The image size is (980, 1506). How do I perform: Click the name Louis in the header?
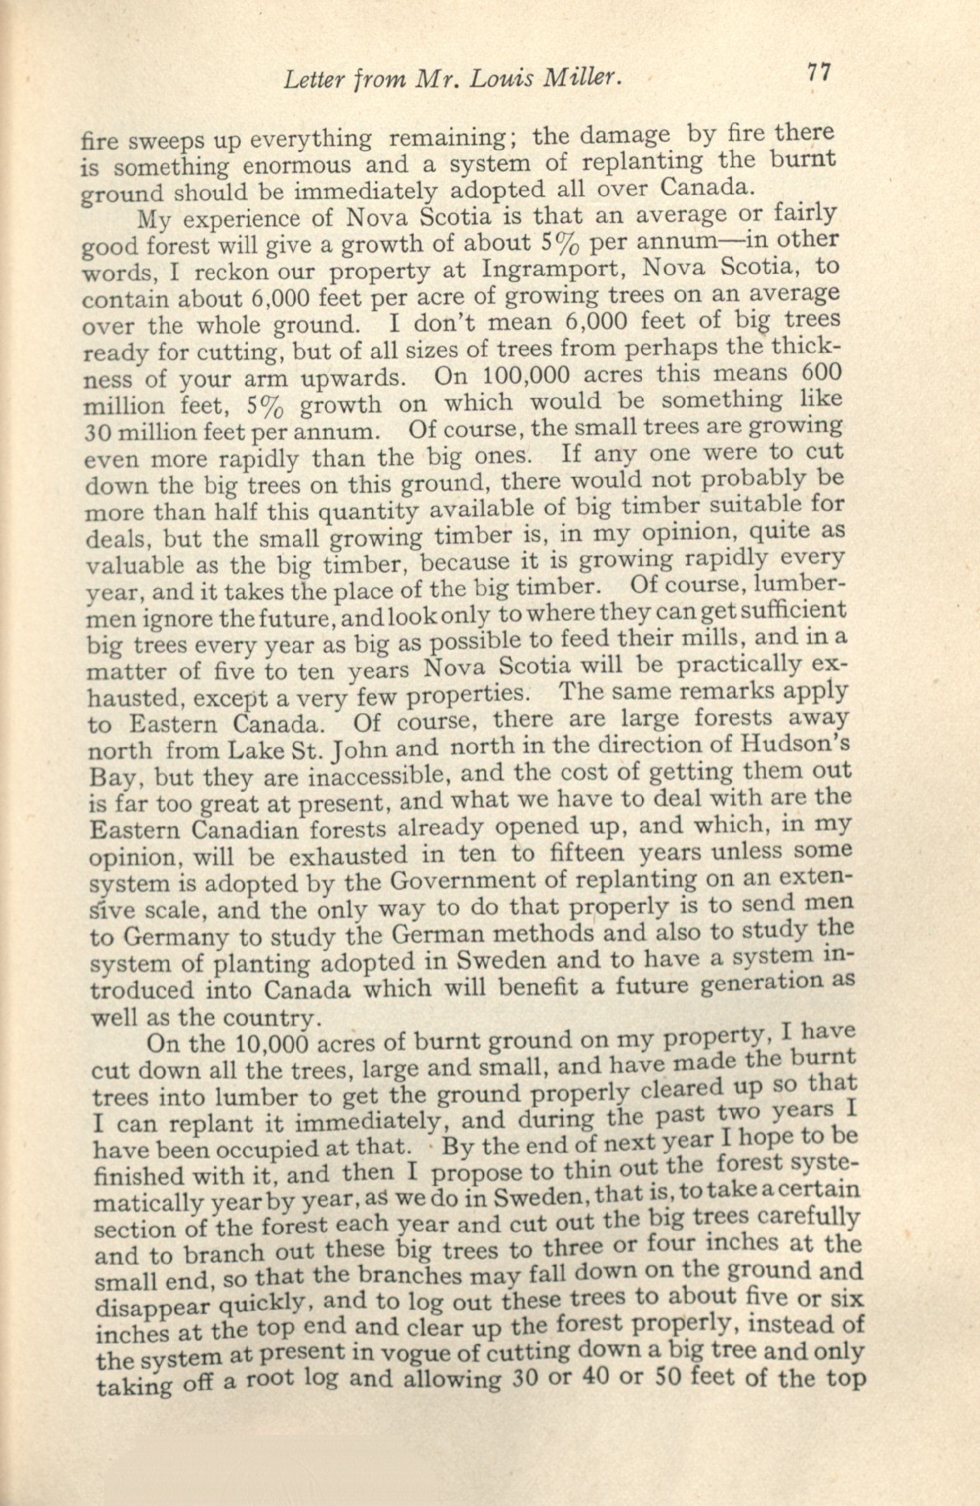coord(500,78)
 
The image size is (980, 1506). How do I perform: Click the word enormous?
coord(297,166)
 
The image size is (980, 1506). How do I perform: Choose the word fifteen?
coord(587,854)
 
